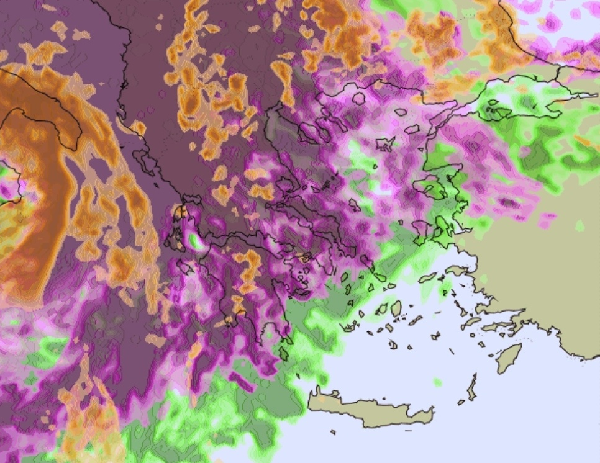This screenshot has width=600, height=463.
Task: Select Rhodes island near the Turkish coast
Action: point(509,358)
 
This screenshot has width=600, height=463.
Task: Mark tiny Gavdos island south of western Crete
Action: point(333,432)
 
